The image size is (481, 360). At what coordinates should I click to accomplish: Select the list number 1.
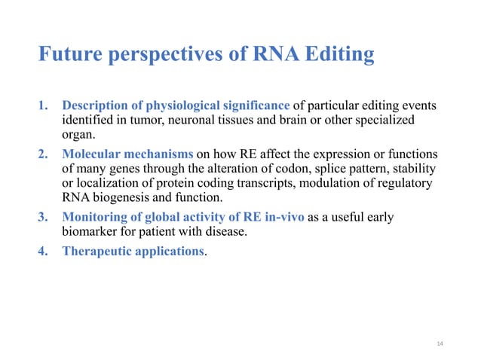pyautogui.click(x=44, y=104)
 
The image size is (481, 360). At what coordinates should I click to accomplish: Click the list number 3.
pyautogui.click(x=44, y=218)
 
